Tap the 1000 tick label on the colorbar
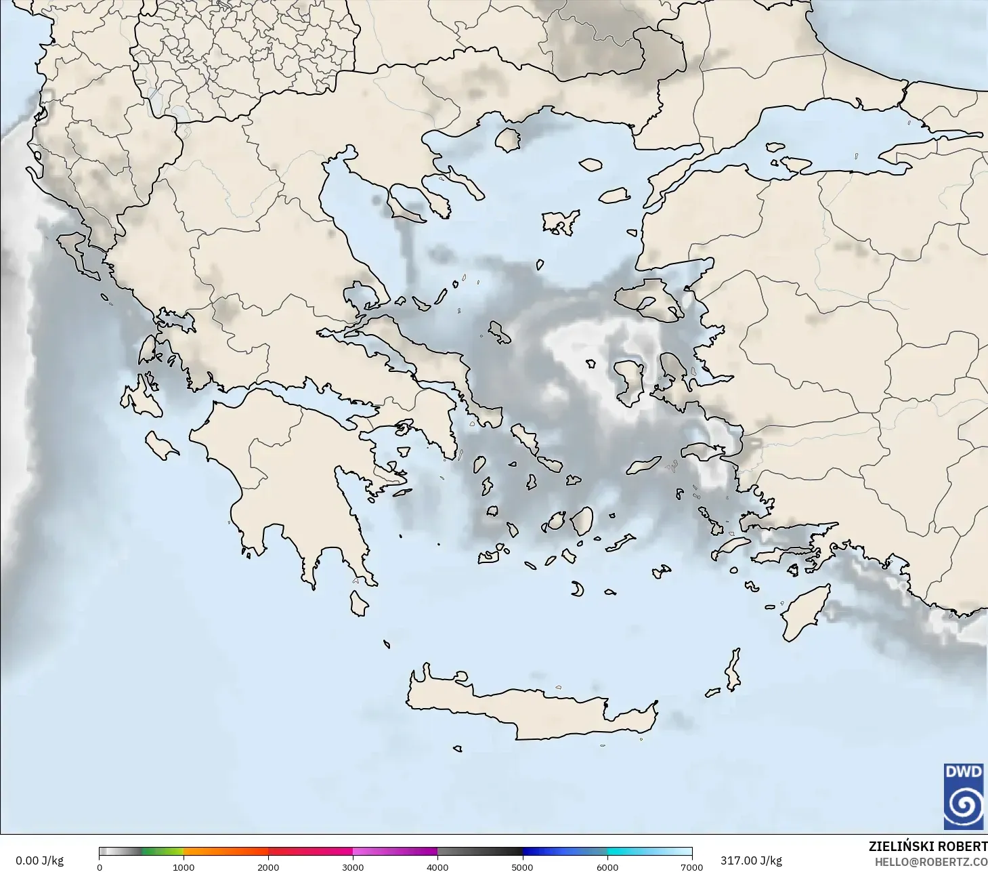184,867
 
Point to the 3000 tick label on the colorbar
353,867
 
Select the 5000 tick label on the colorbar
522,867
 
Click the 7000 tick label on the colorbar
691,867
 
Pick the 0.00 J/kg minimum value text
40,860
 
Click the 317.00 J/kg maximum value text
751,860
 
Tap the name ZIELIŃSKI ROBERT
928,846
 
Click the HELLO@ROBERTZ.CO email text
930,862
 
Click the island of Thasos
507,140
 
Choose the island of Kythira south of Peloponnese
359,603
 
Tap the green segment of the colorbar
163,852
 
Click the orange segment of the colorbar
225,852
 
